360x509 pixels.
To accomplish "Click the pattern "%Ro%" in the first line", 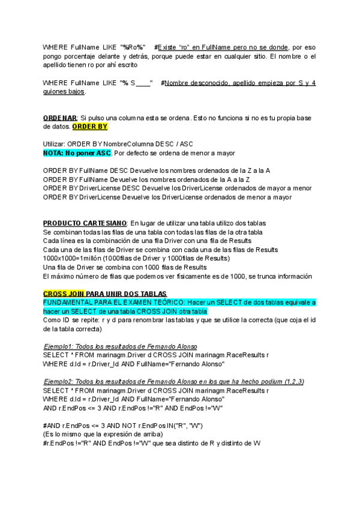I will (133, 47).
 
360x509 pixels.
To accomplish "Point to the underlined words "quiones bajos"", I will (64, 92).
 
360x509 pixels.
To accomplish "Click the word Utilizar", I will (55, 145).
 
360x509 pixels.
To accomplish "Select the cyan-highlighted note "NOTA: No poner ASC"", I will (77, 154).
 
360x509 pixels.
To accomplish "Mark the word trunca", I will (251, 276).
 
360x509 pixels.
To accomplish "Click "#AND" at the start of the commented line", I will (52, 426).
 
